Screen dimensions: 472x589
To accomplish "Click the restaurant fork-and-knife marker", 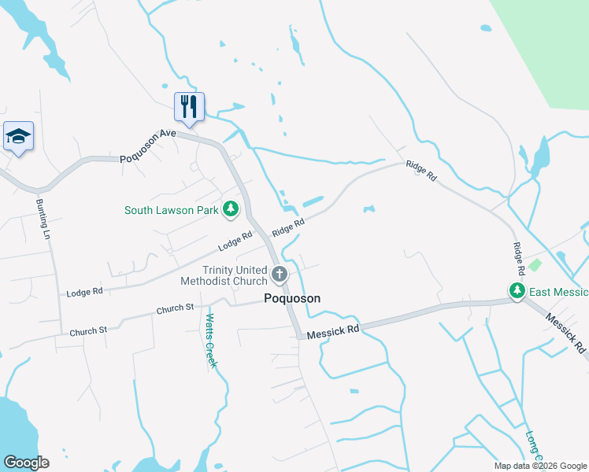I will [189, 106].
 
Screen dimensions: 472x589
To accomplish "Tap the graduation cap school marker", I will [17, 137].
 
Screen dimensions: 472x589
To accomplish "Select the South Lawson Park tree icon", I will [231, 209].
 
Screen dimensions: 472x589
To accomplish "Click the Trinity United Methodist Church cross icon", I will [279, 275].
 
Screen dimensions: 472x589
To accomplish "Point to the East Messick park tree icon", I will [517, 291].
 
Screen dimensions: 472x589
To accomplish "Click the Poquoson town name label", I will [291, 298].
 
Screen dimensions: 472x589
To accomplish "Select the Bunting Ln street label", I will [43, 219].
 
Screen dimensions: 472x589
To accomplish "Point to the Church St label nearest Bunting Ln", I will [87, 331].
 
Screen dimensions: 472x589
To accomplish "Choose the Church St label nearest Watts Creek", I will [175, 308].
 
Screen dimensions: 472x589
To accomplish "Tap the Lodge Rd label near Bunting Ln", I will [85, 292].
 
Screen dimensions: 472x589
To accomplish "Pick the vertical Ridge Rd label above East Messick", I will [518, 258].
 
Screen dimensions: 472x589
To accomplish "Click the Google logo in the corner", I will [26, 462].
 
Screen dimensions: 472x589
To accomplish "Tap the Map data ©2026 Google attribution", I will [540, 466].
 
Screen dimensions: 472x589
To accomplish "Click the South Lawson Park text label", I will [171, 210].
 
